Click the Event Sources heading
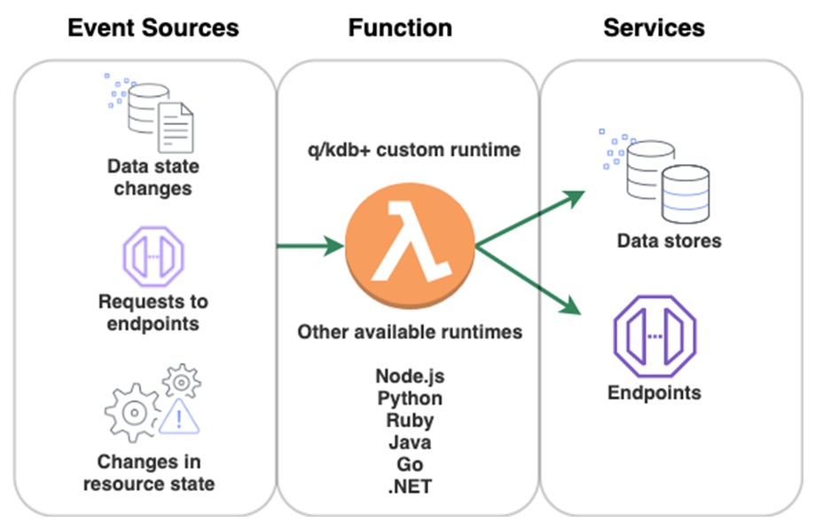153,28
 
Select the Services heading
654,28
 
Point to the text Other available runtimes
409,332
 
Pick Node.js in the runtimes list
409,376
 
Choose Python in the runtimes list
409,398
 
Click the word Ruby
409,420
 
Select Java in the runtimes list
409,441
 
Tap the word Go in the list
409,463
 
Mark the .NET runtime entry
409,486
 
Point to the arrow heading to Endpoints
532,280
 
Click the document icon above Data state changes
176,127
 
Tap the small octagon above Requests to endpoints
152,255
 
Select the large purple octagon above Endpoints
654,335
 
